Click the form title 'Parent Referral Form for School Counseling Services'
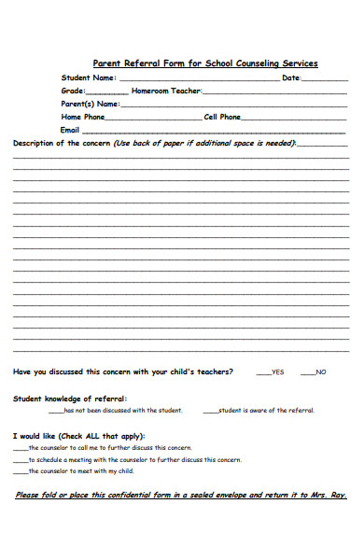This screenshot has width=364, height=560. [x=205, y=63]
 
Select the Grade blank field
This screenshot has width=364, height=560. [x=107, y=93]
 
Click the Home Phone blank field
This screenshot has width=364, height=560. [x=154, y=119]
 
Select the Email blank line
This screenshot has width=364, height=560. [x=216, y=133]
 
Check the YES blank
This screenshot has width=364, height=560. [x=263, y=373]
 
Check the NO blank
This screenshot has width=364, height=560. [x=307, y=373]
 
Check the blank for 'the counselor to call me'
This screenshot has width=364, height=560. [x=21, y=448]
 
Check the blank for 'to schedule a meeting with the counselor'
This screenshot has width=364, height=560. [x=21, y=460]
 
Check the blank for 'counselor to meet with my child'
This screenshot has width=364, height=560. [x=21, y=472]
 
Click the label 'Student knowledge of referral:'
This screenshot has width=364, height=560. [x=63, y=399]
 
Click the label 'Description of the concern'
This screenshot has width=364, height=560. [x=61, y=144]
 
